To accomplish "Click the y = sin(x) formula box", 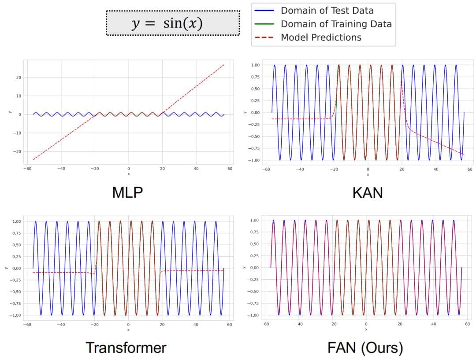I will (173, 23).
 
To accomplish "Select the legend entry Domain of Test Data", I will (327, 11).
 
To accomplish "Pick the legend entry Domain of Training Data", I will (336, 24).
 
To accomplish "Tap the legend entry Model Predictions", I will (321, 37).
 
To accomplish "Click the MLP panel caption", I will (128, 193).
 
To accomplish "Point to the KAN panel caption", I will (368, 193).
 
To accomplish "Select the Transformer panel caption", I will (126, 348).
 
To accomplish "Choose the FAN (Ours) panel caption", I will (365, 348).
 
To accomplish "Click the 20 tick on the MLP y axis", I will (19, 78).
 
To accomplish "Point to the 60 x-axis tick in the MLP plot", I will (230, 169).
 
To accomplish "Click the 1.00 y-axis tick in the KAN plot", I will (255, 65).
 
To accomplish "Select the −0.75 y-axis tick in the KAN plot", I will (254, 148).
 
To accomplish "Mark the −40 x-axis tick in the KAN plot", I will (300, 169).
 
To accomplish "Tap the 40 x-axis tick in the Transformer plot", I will (196, 324).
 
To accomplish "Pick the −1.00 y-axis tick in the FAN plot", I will (254, 315).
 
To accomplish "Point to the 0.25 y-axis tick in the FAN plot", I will (255, 256).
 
